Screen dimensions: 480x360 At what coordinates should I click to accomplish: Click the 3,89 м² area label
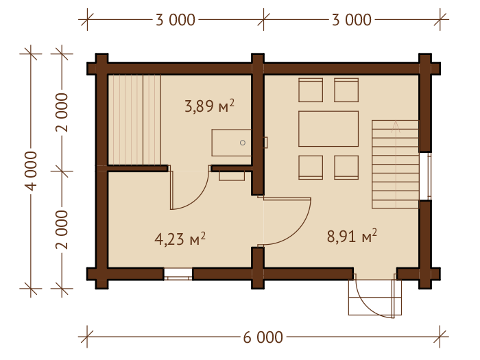coord(209,106)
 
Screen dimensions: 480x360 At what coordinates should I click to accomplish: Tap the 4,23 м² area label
coord(180,239)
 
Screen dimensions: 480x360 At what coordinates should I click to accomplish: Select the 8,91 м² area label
coord(352,236)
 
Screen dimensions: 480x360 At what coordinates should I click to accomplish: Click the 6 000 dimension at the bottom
coord(263,337)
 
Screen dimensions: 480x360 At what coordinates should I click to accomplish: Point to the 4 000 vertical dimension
coord(31,171)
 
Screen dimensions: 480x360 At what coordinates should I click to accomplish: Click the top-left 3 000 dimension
coord(176,20)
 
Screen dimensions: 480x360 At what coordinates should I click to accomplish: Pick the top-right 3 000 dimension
coord(352,20)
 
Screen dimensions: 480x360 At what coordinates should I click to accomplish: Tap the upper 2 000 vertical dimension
coord(62,112)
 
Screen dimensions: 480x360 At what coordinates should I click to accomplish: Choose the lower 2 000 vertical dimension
coord(62,230)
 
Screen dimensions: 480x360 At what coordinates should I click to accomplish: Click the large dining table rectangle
coord(328,129)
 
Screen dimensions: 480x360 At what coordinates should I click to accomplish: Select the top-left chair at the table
coord(311,90)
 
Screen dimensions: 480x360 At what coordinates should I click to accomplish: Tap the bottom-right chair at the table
coord(346,167)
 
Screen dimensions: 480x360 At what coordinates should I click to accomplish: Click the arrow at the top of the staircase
coord(396,126)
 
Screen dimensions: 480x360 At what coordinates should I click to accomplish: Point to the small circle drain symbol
coord(243,143)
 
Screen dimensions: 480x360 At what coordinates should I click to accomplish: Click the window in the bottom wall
coord(178,274)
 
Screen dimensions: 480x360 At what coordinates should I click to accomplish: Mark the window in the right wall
coord(425,176)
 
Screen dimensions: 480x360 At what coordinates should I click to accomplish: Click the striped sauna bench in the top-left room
coord(134,120)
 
